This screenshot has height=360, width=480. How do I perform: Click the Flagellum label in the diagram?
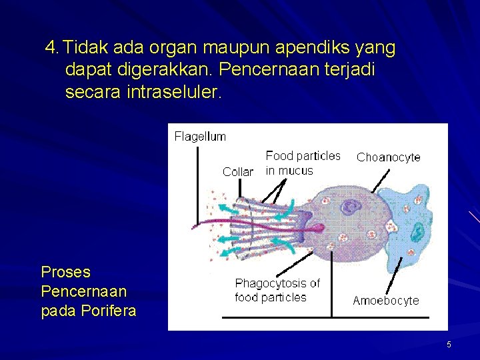200,137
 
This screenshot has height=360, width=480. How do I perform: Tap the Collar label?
237,172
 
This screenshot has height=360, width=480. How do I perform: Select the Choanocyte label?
389,158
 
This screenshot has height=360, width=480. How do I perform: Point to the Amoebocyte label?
386,301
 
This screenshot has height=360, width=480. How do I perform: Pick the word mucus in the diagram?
296,171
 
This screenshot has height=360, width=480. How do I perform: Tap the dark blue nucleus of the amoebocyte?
417,233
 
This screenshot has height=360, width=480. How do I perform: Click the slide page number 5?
449,345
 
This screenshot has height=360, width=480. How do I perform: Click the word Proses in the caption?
65,272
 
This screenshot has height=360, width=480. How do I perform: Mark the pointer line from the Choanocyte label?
381,180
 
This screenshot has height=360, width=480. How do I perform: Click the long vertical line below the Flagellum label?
197,187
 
